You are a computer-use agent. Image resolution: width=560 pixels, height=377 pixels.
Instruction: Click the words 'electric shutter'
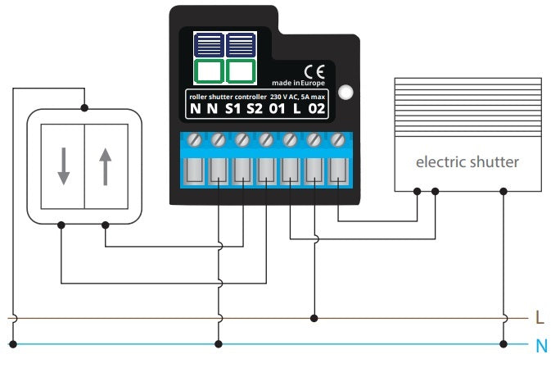tap(467, 162)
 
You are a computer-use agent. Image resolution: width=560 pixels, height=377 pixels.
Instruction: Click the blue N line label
tap(540, 346)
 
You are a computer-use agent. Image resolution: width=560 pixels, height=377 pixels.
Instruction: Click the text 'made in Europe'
tap(300, 84)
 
